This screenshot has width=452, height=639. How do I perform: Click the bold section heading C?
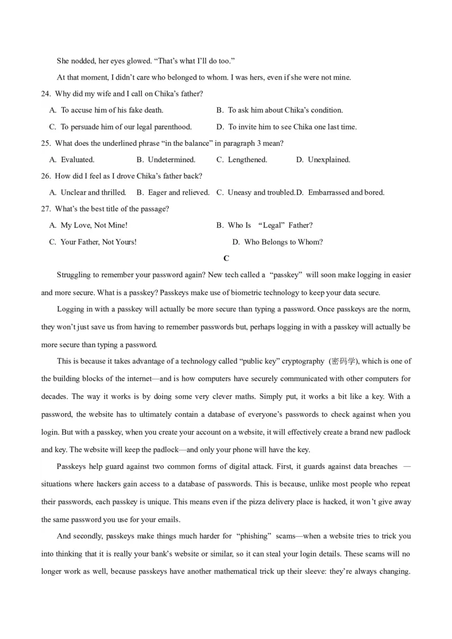226,258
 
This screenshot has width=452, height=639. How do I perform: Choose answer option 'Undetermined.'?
171,160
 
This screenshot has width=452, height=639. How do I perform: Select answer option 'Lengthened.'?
247,160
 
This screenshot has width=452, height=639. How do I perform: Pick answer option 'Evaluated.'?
77,160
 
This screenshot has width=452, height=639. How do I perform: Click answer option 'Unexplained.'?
329,160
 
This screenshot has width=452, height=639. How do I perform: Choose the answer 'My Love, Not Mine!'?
94,225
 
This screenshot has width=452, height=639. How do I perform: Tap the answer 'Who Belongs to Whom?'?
283,242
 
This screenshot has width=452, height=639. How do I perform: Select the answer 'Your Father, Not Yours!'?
98,242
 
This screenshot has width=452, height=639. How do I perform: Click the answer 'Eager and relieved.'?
179,192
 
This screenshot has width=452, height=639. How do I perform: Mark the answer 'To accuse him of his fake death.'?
112,110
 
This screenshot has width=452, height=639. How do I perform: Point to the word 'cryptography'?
303,361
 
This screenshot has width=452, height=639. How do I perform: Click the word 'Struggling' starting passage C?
75,275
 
